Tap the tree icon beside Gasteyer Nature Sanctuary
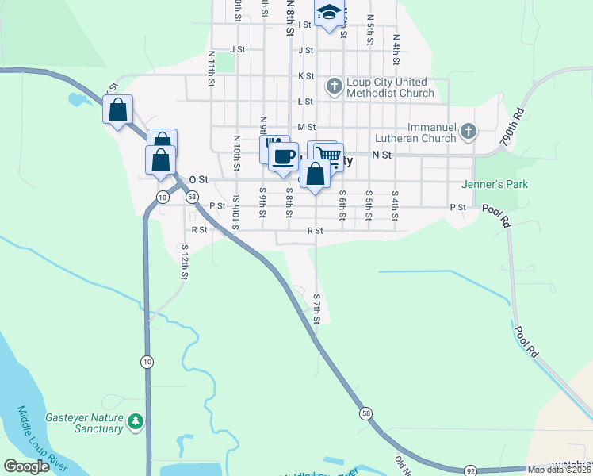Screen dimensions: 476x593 136,420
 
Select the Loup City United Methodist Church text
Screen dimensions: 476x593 390,87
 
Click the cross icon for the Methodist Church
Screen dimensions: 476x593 335,85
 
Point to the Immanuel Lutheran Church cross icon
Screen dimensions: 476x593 468,130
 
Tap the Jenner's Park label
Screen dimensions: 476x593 495,185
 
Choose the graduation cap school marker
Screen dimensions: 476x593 327,13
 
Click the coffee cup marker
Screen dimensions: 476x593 283,155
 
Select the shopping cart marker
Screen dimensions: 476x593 328,154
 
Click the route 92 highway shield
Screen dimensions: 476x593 470,470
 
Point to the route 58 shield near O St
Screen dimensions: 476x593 193,197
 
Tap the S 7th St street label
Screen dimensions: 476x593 316,308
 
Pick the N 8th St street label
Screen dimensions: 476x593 290,16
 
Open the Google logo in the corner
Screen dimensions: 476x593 27,466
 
